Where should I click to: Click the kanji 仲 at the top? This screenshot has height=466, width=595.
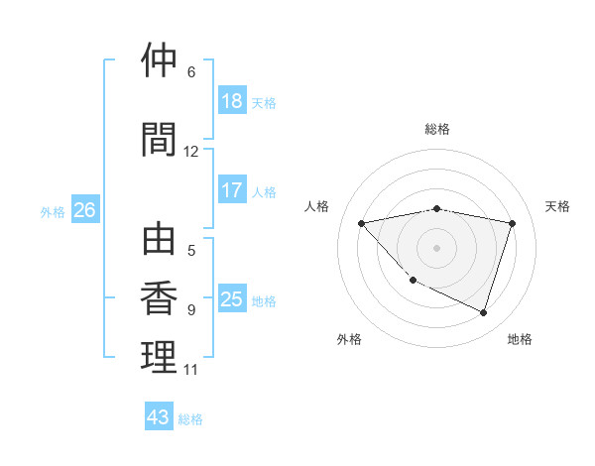(x=160, y=60)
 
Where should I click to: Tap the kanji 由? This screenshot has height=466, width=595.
(x=160, y=240)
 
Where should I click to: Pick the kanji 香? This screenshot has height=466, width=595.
(x=160, y=298)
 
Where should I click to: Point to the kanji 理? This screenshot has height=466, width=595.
(x=160, y=357)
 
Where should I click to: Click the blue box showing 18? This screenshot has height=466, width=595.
(x=232, y=101)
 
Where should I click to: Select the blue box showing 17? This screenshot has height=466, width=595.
(x=232, y=190)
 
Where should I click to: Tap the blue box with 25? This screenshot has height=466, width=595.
(x=232, y=299)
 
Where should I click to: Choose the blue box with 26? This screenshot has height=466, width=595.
(x=84, y=210)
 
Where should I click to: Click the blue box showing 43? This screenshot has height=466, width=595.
(x=159, y=417)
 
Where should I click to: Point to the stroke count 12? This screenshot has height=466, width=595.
(x=190, y=152)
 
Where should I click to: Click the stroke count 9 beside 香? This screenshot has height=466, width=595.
(x=191, y=310)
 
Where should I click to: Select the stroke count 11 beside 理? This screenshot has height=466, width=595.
(x=190, y=370)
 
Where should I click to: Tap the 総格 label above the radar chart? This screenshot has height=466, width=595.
(x=437, y=129)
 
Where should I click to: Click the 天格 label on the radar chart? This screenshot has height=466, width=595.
(x=558, y=206)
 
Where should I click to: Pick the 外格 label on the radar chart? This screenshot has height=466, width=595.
(x=349, y=339)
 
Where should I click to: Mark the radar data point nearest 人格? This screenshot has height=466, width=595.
(x=362, y=223)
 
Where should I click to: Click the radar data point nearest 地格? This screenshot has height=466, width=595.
(x=483, y=312)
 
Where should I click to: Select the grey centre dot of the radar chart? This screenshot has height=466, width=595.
(x=437, y=247)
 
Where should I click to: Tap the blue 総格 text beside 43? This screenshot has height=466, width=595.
(x=191, y=419)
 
